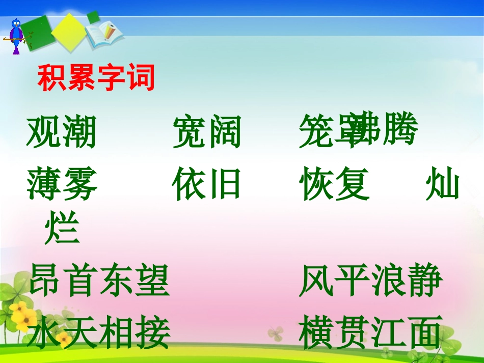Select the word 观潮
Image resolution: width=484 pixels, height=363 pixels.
click(61, 132)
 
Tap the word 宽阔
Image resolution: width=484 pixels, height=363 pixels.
click(207, 132)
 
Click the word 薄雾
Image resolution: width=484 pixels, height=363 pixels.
click(61, 184)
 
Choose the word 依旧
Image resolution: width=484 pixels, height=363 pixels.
click(207, 184)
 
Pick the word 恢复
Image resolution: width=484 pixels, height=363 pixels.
click(334, 184)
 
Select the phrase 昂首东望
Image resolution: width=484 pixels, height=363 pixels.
click(99, 281)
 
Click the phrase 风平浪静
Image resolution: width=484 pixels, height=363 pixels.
click(370, 281)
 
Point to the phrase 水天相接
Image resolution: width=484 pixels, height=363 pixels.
click(99, 333)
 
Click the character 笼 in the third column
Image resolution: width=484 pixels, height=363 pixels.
click(315, 132)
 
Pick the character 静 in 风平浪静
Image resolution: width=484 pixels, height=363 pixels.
click(425, 281)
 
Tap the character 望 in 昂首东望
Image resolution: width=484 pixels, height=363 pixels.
click(152, 281)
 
